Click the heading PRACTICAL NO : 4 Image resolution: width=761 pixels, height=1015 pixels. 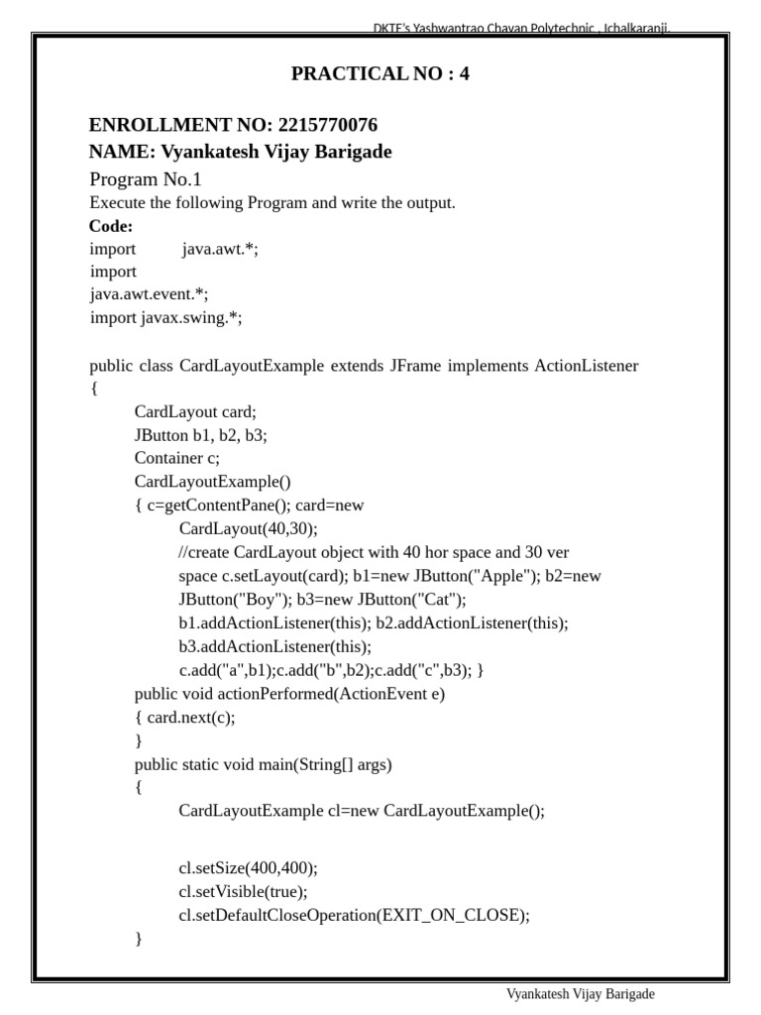(x=380, y=73)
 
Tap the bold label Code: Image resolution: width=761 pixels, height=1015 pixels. (x=111, y=226)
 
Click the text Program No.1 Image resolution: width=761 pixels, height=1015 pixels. (x=146, y=179)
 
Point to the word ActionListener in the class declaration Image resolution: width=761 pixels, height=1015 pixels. (x=587, y=366)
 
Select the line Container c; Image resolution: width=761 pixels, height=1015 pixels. (x=177, y=458)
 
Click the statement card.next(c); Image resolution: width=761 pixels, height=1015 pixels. (x=191, y=718)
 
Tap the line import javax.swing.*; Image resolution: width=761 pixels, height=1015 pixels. (x=165, y=318)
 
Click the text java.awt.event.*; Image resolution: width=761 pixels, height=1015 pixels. (x=150, y=294)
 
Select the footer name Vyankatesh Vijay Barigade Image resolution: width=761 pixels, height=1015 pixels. (x=581, y=994)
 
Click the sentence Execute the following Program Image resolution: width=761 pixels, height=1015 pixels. (x=272, y=203)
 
